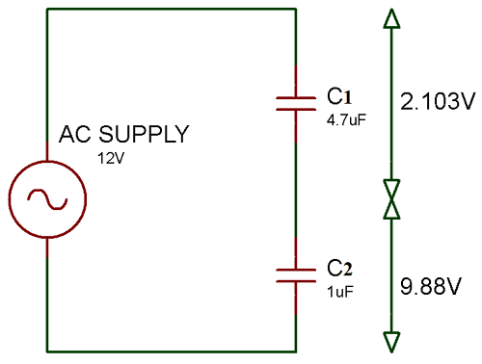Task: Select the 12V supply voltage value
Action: coord(110,157)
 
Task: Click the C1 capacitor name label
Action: coord(339,96)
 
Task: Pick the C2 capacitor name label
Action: coord(339,267)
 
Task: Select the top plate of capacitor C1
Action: coord(295,96)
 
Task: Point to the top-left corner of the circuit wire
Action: coord(46,10)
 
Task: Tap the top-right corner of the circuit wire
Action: coord(295,10)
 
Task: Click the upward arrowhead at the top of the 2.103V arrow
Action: coord(391,18)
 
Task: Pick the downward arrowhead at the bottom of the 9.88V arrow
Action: coord(391,342)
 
